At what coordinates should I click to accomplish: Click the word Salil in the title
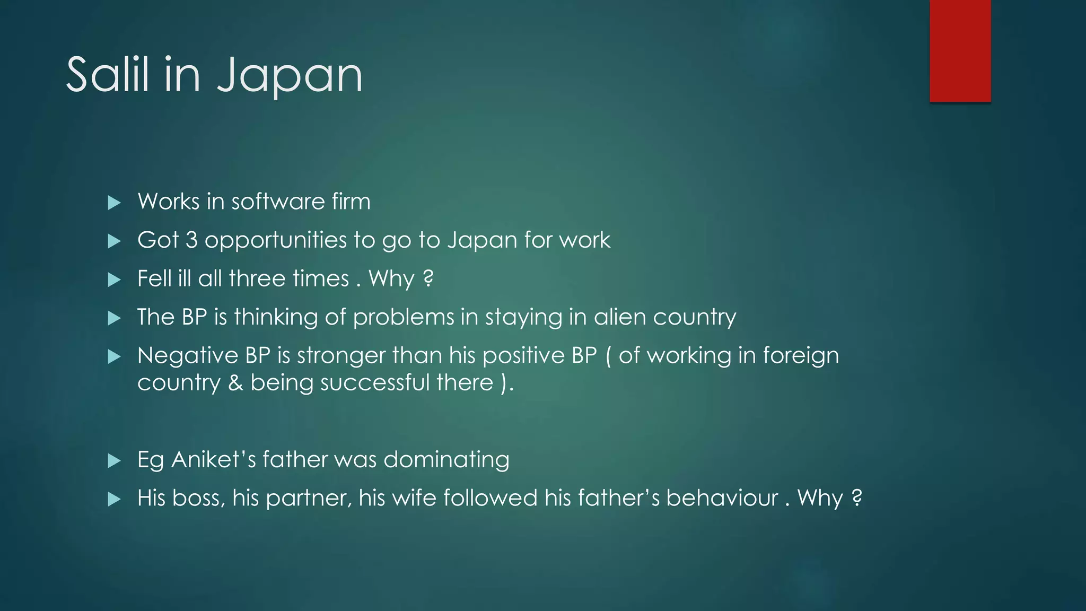point(108,75)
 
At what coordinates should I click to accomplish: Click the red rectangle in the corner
point(960,51)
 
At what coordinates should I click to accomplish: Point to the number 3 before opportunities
point(191,240)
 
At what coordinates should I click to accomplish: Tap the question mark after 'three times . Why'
point(428,278)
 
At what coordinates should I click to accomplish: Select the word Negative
point(188,356)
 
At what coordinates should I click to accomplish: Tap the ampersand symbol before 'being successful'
point(235,383)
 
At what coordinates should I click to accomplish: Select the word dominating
point(446,460)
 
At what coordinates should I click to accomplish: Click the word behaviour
point(722,498)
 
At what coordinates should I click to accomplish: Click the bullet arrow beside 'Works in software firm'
point(114,203)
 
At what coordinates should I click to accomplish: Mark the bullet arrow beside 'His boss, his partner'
point(114,499)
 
